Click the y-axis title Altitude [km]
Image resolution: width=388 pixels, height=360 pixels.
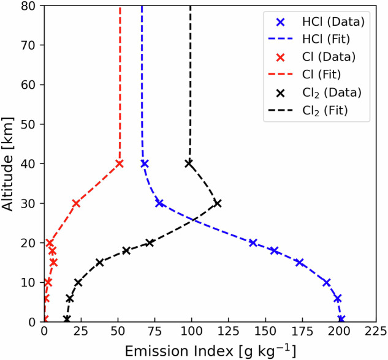[x=9, y=163]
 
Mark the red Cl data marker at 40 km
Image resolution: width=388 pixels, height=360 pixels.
[x=120, y=163]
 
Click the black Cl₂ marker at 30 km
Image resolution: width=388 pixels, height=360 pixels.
[x=217, y=203]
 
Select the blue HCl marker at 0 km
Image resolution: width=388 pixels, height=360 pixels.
[x=341, y=319]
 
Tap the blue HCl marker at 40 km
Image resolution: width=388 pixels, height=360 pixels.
[x=145, y=163]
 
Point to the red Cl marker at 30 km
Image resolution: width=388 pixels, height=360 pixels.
[x=76, y=203]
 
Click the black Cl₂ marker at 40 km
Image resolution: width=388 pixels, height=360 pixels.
[x=189, y=163]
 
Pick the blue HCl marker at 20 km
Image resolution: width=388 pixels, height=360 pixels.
[x=253, y=242]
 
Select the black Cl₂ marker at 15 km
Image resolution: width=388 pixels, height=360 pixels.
[x=99, y=262]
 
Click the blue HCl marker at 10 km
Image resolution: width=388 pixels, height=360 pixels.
[x=327, y=282]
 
